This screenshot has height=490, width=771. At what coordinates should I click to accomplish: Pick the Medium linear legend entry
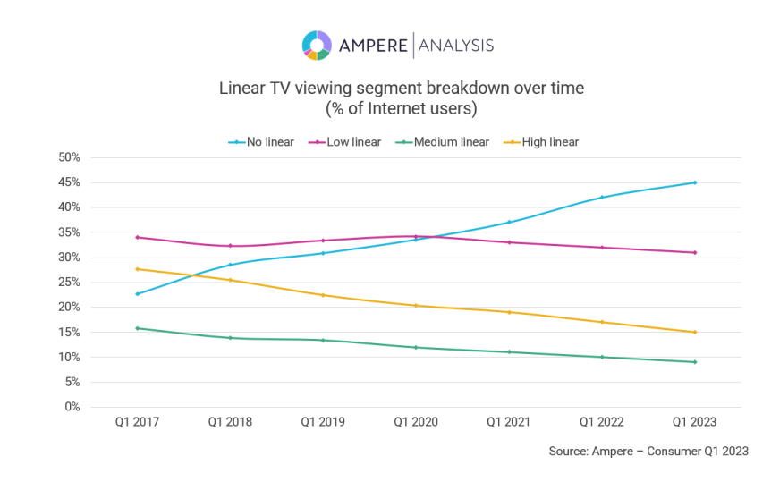coord(445,142)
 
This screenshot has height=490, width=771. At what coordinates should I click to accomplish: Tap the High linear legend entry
coord(542,142)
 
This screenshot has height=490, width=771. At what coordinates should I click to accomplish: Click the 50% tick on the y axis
coord(69,157)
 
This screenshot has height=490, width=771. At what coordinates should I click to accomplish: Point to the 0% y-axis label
coord(72,407)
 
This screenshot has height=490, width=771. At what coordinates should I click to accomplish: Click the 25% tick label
coord(69,283)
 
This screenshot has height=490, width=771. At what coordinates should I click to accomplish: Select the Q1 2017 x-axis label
coord(138,422)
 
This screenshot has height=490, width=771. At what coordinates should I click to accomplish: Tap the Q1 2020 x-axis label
coord(416,422)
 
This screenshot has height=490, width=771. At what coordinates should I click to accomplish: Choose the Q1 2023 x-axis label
coord(695,422)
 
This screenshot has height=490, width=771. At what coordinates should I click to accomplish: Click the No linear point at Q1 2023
coord(695,182)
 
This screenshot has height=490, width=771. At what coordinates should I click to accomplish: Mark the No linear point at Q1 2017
coord(138,293)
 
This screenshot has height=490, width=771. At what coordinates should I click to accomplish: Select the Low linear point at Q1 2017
coord(138,237)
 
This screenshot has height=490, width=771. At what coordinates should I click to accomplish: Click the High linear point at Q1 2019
coord(323,295)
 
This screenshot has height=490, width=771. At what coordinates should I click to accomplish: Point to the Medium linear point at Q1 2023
coord(695,362)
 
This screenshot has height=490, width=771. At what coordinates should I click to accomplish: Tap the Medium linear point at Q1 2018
coord(231,338)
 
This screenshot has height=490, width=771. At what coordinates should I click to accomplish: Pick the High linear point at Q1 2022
coord(602,322)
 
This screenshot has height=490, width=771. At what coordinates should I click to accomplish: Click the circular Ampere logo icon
coord(317,45)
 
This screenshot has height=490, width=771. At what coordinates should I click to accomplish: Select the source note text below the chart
coord(648,452)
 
